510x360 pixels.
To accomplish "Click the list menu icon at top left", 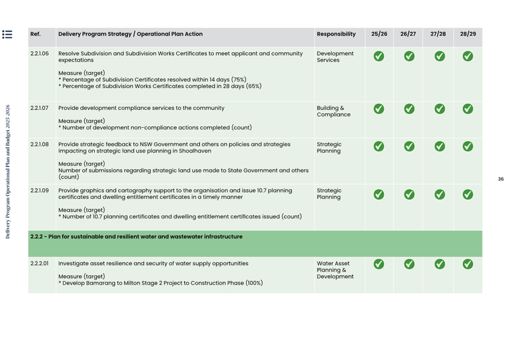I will [7, 34].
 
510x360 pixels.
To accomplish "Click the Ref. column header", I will [36, 34].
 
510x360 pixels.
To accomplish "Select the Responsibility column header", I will [336, 34].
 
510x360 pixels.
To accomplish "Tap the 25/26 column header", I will [379, 34].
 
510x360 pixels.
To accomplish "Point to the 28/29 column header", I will [468, 34].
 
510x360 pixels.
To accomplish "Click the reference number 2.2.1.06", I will [40, 54].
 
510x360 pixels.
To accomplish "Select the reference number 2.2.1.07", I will [40, 108].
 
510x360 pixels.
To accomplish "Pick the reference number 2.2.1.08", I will [40, 144].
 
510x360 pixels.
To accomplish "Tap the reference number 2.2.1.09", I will [40, 190].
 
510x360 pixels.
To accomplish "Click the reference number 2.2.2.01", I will [40, 264].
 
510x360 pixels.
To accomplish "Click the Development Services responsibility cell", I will [335, 57].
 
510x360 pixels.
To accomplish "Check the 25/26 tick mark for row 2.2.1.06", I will [379, 56].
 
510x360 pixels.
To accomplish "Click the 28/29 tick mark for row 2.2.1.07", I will [468, 109].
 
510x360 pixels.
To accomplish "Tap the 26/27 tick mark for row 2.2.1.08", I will [409, 146].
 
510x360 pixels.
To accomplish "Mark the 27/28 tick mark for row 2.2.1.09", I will [439, 194].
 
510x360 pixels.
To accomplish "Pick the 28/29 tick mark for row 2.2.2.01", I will [468, 264].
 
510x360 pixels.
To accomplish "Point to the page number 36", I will [501, 179].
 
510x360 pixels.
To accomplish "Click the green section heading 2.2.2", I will [137, 237].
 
